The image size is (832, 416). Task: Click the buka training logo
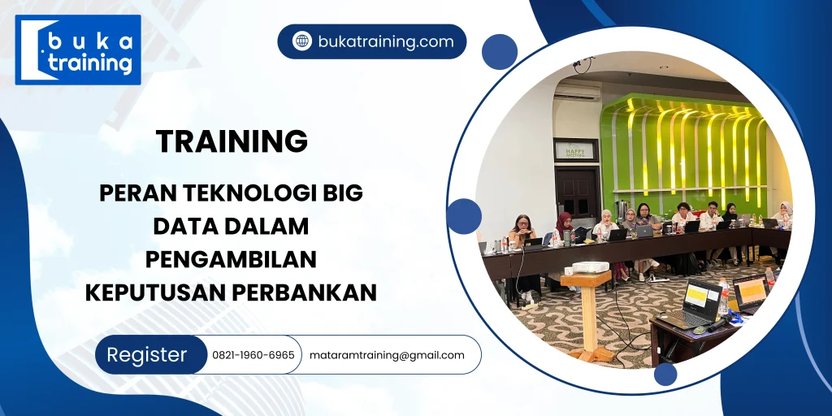78,50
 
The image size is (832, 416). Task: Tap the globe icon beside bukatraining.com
301,41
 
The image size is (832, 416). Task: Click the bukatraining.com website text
385,41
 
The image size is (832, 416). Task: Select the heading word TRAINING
232,141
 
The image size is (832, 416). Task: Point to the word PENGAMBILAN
231,258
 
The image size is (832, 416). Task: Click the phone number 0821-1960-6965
253,355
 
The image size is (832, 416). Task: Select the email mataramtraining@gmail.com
387,355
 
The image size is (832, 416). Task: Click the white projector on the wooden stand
590,268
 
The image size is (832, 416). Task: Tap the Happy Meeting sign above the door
576,149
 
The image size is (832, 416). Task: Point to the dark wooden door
576,195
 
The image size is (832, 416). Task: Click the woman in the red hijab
562,228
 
